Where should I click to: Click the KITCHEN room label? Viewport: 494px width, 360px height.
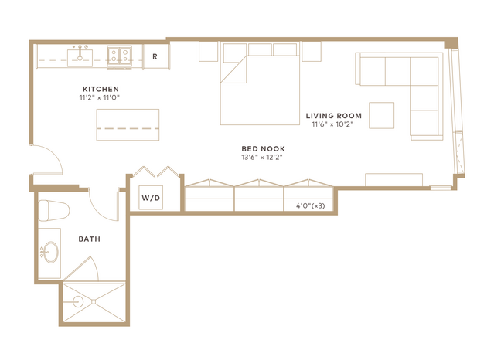(x=101, y=89)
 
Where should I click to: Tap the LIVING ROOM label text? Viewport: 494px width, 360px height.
(x=334, y=116)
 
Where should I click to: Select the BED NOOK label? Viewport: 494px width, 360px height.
(x=263, y=148)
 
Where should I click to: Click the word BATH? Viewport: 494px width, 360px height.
(x=90, y=239)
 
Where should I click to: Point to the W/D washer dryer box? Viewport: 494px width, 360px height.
(x=151, y=198)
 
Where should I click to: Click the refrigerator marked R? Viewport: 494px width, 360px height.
(x=156, y=56)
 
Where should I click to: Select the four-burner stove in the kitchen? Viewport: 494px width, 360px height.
(x=119, y=56)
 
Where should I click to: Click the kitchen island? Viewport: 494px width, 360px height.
(x=128, y=124)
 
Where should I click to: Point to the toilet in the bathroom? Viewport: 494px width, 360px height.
(x=53, y=210)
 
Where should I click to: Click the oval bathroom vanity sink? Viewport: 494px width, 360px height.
(x=50, y=252)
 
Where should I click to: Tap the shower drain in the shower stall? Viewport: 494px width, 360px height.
(x=94, y=302)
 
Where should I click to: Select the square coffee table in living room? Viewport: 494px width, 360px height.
(x=382, y=115)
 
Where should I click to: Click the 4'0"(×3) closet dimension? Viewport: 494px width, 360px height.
(x=310, y=206)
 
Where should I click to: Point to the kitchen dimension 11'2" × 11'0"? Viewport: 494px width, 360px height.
(x=100, y=97)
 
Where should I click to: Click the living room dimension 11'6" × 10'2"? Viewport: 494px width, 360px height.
(x=332, y=124)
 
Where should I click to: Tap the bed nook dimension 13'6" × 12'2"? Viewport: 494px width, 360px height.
(x=262, y=157)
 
